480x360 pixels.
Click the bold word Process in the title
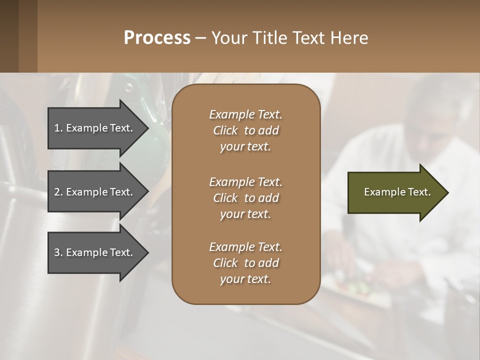pos(157,38)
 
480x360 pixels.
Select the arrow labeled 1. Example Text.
pos(95,128)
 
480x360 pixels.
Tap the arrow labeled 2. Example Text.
pos(95,192)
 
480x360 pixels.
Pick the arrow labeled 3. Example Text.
pos(95,252)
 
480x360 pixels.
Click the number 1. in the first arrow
pos(58,128)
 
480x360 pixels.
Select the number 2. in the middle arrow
pos(58,192)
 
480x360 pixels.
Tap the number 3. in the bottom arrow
pos(58,252)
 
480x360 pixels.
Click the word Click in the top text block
pos(225,130)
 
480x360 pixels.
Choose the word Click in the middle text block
pos(225,198)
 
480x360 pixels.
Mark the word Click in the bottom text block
pos(225,263)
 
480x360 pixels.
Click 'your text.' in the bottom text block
pos(245,279)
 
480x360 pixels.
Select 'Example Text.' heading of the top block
pos(245,114)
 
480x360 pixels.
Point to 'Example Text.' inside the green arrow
pos(397,192)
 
